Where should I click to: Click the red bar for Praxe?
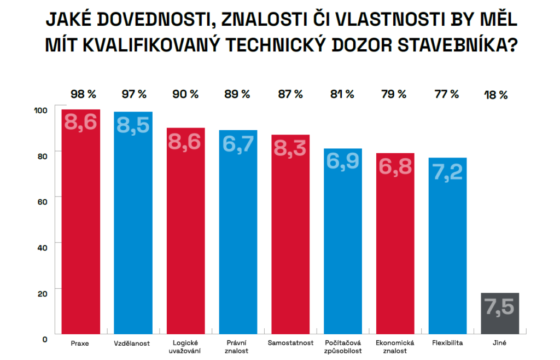(x=80, y=230)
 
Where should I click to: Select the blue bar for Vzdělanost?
(x=133, y=230)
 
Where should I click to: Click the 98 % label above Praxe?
(x=82, y=94)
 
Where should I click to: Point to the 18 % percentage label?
(x=496, y=95)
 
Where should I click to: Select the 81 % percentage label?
(x=342, y=94)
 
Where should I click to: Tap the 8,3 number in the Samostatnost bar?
(x=290, y=148)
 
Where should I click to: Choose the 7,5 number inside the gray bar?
(x=500, y=306)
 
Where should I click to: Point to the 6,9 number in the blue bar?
(x=343, y=161)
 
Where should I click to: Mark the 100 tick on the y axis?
(x=41, y=110)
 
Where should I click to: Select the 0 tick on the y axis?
(x=44, y=339)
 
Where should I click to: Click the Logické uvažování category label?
(x=185, y=347)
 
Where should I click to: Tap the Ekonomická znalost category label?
(x=395, y=347)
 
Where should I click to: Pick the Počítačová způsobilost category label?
(x=343, y=347)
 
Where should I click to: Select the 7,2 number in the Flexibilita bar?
(x=447, y=171)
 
